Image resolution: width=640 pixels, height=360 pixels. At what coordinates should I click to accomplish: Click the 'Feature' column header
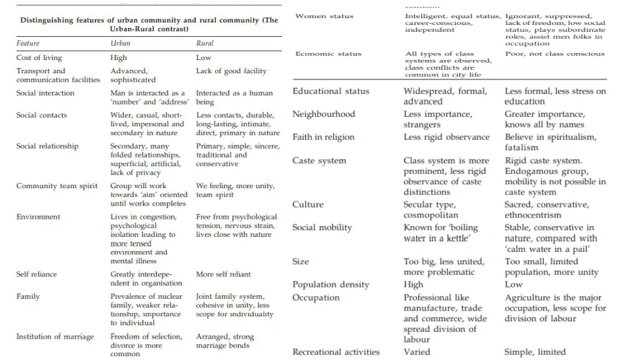(27, 43)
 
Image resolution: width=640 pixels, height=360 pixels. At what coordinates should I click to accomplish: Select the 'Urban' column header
(121, 43)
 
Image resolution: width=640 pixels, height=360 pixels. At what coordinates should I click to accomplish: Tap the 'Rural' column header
(204, 43)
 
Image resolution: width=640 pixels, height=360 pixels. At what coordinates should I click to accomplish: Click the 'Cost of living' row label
(39, 57)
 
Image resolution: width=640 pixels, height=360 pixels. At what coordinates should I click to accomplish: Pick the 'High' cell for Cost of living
(119, 57)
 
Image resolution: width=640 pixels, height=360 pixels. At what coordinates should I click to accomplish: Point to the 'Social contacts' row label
(41, 115)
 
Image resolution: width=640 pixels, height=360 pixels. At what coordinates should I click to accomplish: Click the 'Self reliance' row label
(36, 274)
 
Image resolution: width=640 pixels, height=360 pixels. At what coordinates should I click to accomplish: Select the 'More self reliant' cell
(223, 274)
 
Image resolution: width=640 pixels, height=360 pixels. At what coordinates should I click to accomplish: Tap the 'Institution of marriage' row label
(55, 337)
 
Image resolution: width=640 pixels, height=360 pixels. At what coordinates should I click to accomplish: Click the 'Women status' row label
(324, 16)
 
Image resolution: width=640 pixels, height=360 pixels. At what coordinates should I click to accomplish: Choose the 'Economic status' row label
(328, 54)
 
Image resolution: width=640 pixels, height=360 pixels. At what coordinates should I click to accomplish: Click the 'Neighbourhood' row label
(324, 114)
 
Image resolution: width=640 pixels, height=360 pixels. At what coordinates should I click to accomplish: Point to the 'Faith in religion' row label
(323, 137)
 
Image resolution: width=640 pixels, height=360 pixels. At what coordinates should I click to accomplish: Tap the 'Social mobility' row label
(322, 227)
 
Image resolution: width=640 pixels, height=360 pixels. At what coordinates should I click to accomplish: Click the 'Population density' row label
(331, 284)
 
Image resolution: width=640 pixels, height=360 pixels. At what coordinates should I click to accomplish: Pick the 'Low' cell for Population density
(514, 284)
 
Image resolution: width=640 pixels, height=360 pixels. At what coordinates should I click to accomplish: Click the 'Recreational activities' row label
(336, 352)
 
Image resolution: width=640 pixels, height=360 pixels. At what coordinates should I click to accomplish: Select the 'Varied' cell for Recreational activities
(417, 352)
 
